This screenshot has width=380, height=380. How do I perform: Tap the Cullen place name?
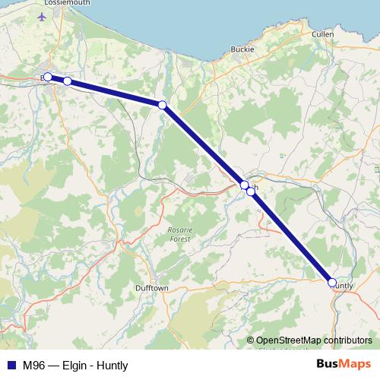[323, 35]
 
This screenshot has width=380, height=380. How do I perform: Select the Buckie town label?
[242, 49]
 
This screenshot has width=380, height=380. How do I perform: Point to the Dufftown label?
[151, 289]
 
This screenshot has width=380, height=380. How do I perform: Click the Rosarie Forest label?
[180, 234]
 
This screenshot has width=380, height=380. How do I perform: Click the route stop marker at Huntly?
[332, 283]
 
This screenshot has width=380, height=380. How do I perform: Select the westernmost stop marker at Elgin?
[47, 77]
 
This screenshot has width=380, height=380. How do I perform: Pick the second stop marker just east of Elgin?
[67, 81]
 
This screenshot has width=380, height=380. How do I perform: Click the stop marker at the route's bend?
[162, 105]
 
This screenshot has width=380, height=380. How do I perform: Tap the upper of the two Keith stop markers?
[244, 185]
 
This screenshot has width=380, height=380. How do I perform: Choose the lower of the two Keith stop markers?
[251, 192]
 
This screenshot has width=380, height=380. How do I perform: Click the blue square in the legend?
[11, 365]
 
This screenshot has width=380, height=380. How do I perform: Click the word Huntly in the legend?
[112, 365]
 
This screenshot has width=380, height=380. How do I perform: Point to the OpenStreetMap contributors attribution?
[314, 340]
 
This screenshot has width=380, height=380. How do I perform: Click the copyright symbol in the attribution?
[250, 340]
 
